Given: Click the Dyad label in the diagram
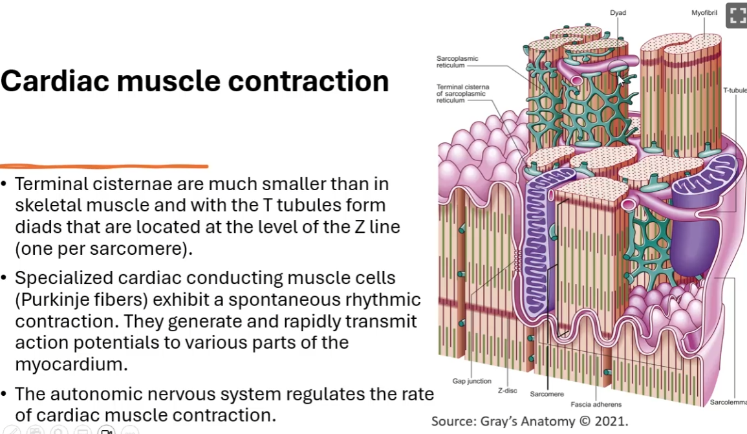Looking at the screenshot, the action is pyautogui.click(x=618, y=13).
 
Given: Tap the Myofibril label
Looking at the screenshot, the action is pyautogui.click(x=704, y=13).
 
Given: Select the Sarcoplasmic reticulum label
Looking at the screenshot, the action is pyautogui.click(x=457, y=62).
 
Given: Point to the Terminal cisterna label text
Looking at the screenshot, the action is pyautogui.click(x=462, y=93).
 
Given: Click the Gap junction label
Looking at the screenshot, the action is pyautogui.click(x=471, y=381).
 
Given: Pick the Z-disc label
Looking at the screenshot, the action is pyautogui.click(x=507, y=391).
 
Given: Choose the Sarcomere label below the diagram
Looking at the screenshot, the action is pyautogui.click(x=547, y=394).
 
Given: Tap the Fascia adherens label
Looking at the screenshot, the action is pyautogui.click(x=596, y=404).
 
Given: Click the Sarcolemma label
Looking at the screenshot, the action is pyautogui.click(x=728, y=402).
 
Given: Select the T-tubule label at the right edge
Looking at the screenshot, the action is pyautogui.click(x=735, y=90).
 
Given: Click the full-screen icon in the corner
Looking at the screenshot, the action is pyautogui.click(x=737, y=16).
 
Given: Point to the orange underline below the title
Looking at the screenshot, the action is pyautogui.click(x=104, y=166).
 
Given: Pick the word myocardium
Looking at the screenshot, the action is pyautogui.click(x=71, y=364).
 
